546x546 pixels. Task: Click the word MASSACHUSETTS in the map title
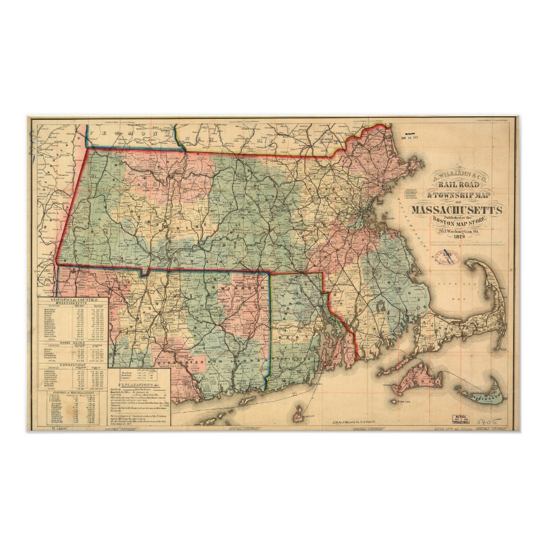tap(457, 210)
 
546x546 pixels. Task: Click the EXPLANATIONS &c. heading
tap(140, 386)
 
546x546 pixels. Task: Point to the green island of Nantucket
tap(485, 395)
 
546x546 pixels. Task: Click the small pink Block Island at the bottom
tap(299, 416)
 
